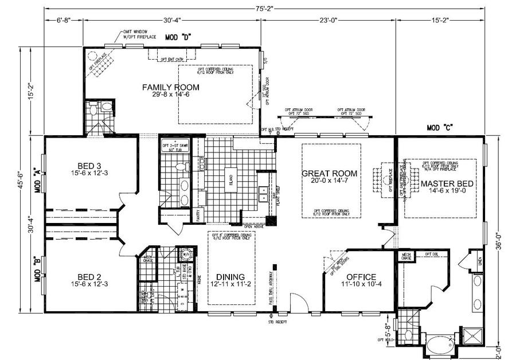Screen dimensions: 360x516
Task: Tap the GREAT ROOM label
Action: [330, 173]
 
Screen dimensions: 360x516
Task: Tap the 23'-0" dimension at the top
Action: [329, 20]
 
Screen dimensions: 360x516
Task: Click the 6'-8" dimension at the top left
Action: [64, 20]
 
